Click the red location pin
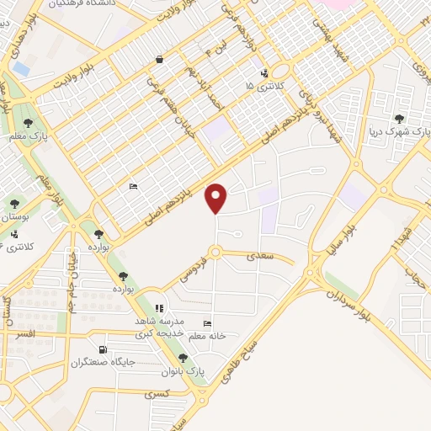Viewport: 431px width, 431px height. (x=217, y=199)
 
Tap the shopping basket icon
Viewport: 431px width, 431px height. (x=159, y=61)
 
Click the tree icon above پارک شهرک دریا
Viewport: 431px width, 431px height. (x=406, y=120)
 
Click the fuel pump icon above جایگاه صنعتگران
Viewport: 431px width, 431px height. (x=104, y=349)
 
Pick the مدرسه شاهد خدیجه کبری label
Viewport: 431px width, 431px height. (x=160, y=327)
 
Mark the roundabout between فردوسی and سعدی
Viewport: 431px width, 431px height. (x=217, y=252)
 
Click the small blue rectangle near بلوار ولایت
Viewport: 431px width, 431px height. (x=20, y=67)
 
